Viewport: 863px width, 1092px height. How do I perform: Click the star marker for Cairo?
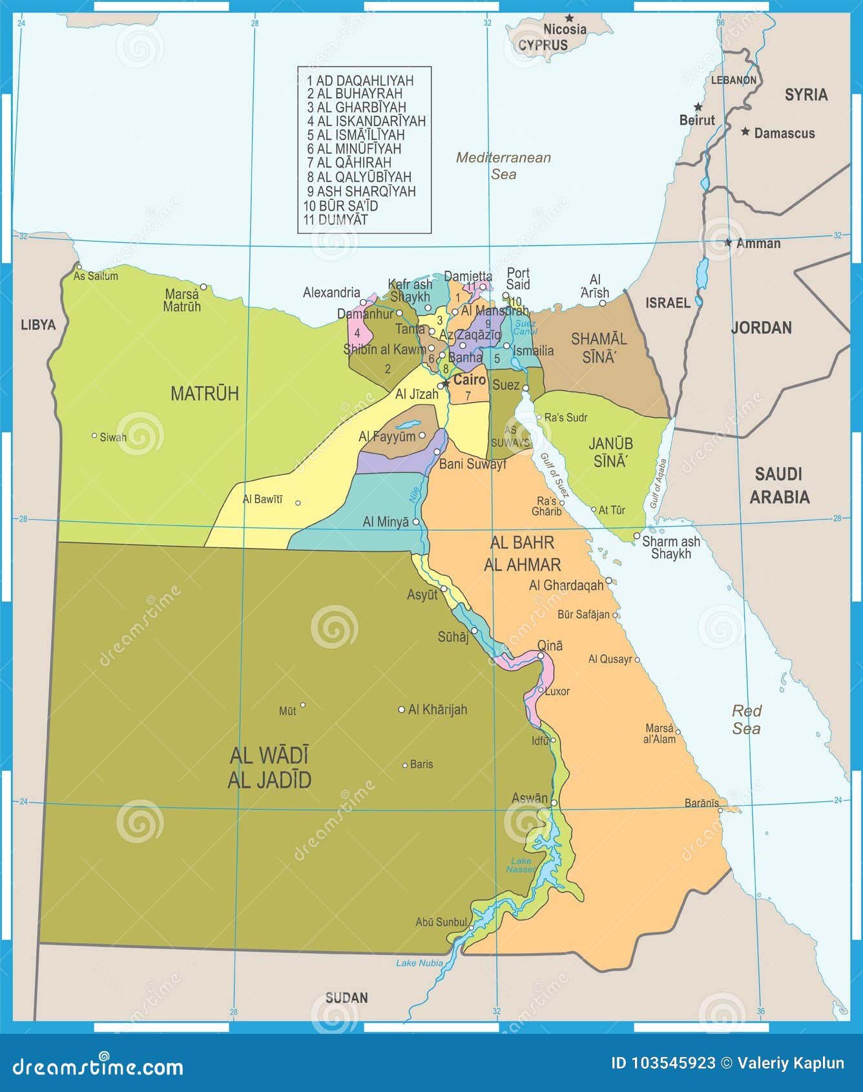(x=445, y=384)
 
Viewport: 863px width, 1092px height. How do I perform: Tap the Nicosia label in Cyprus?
(x=565, y=29)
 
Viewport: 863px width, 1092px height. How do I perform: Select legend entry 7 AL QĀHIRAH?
(x=349, y=163)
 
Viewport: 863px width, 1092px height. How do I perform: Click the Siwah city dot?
(x=94, y=436)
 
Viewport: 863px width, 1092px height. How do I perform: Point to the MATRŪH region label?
(x=204, y=394)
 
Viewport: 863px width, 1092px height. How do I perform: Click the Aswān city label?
(x=529, y=799)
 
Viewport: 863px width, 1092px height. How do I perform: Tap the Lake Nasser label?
(x=521, y=865)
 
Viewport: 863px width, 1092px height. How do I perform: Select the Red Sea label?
(x=746, y=720)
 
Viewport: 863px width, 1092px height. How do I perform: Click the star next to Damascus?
(x=745, y=132)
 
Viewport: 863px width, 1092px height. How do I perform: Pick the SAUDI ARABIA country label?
(x=779, y=485)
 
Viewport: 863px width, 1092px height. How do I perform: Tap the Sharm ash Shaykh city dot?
(x=636, y=536)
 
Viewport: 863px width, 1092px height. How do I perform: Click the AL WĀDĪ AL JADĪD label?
(x=269, y=768)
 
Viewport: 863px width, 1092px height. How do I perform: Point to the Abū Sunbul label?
(x=441, y=922)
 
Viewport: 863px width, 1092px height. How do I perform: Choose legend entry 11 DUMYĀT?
(x=335, y=220)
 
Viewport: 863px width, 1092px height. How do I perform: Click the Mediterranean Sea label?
(x=503, y=165)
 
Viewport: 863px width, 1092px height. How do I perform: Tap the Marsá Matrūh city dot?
(x=203, y=287)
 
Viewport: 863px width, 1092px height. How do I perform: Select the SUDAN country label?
(x=346, y=998)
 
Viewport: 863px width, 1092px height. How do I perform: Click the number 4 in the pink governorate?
(x=357, y=333)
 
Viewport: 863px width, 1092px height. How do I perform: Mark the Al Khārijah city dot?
(x=401, y=709)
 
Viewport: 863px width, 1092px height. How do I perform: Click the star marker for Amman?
(x=728, y=243)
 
